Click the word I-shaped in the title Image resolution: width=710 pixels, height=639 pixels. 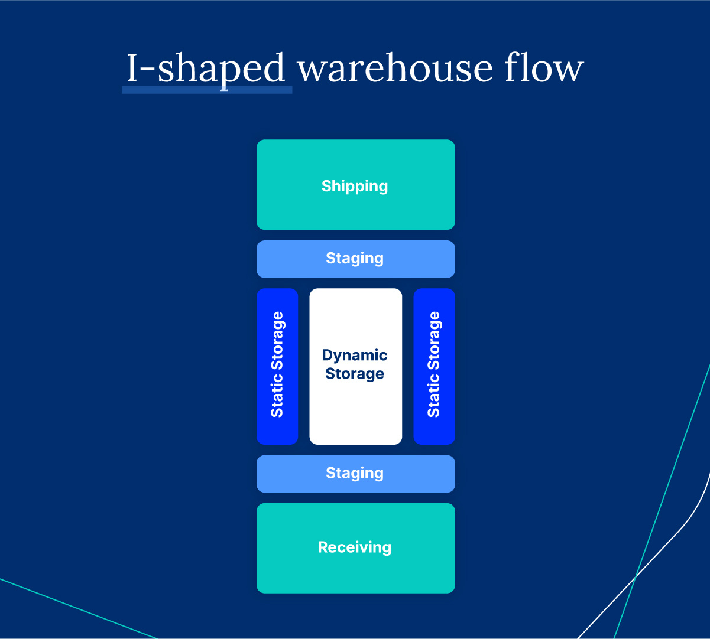tap(206, 69)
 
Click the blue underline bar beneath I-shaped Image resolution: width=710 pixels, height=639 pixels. tap(206, 90)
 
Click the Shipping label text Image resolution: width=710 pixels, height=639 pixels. tap(355, 186)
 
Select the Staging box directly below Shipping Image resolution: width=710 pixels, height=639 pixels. tap(355, 259)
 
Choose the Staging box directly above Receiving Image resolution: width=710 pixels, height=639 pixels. tap(355, 474)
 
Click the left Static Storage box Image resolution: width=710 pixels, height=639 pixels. tap(277, 366)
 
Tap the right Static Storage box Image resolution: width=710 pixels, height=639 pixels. tap(434, 366)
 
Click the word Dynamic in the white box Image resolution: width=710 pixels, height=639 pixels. tap(355, 355)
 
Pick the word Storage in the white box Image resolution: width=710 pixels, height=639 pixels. tap(355, 374)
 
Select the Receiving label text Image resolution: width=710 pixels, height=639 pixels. tap(355, 547)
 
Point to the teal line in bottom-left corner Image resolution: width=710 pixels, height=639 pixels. tap(77, 608)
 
